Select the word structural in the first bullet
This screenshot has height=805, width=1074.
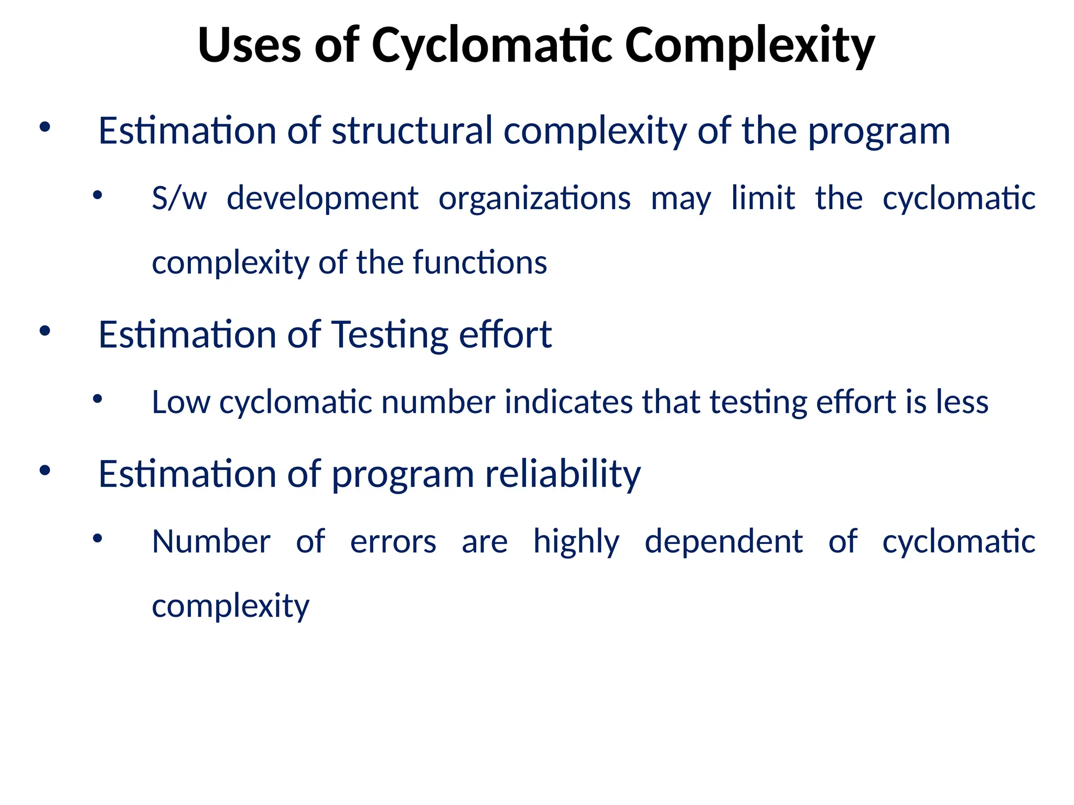(x=412, y=130)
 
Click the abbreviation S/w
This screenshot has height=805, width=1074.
(x=179, y=198)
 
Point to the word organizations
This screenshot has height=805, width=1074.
(x=534, y=198)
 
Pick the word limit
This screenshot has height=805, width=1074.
(x=763, y=198)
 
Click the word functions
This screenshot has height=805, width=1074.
(x=479, y=262)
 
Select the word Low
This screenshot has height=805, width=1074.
(x=180, y=402)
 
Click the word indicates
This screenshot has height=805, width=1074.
(x=568, y=402)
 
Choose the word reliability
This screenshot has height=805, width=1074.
(x=562, y=474)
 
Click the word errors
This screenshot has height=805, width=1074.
(x=393, y=541)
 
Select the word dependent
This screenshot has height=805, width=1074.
(x=724, y=541)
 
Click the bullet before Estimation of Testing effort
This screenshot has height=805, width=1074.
(x=45, y=331)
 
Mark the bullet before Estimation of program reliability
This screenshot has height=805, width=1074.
(x=45, y=470)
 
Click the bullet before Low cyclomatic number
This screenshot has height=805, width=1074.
(x=97, y=399)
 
